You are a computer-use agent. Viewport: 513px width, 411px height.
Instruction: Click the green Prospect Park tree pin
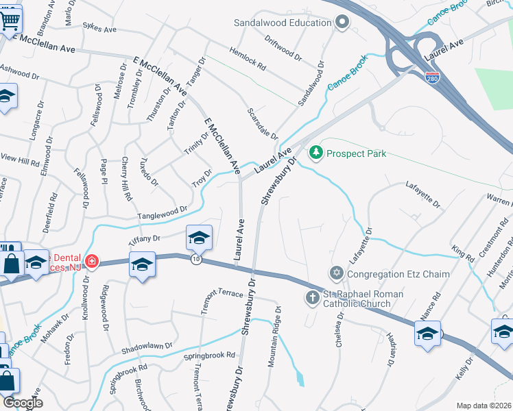click(x=316, y=152)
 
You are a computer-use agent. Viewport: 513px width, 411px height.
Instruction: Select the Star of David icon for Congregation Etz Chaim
click(x=335, y=274)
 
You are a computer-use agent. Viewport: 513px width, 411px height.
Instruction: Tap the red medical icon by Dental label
click(x=91, y=261)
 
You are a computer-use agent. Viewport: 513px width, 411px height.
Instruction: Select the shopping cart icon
click(x=8, y=20)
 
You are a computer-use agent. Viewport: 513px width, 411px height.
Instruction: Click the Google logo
click(x=23, y=403)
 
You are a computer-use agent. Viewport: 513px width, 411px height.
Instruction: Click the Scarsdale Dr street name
click(x=263, y=123)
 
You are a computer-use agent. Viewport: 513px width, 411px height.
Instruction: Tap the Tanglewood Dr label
click(x=162, y=212)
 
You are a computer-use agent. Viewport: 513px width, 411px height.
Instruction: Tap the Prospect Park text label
click(x=356, y=153)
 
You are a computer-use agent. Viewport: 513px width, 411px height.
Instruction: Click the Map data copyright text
click(x=484, y=406)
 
